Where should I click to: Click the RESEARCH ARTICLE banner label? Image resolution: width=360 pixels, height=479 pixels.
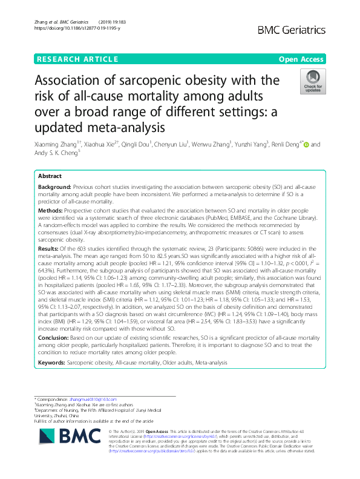coord(77,59)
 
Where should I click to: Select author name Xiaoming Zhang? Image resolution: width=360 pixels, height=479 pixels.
coord(61,145)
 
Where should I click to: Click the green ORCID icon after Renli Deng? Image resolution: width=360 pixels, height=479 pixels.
coord(306,145)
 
